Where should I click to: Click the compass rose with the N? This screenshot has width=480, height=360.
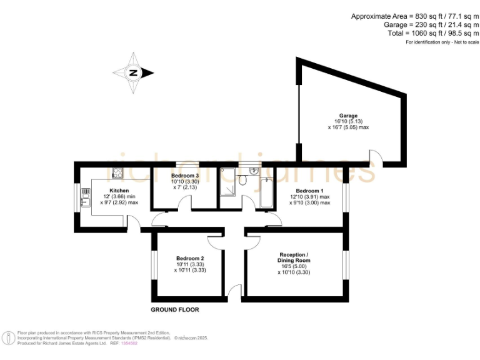coord(133,73)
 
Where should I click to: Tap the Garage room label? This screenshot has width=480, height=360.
coord(348,116)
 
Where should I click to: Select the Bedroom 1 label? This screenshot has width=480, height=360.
coord(309,191)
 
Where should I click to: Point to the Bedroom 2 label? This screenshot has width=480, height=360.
coord(190,259)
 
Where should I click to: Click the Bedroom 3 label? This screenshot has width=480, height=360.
coord(184,176)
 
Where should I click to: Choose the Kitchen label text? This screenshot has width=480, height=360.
coord(119,191)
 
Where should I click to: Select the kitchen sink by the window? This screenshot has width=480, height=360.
coord(84,200)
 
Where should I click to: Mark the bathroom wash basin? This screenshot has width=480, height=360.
coord(253,171)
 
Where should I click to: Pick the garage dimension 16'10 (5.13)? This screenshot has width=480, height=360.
coord(348,121)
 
